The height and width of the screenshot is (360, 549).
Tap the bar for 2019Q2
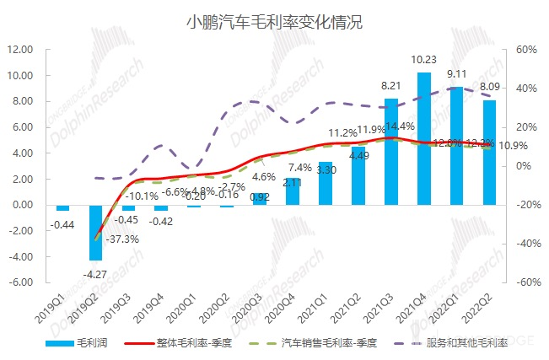[x=96, y=232]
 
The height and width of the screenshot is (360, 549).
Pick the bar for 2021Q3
[x=391, y=152]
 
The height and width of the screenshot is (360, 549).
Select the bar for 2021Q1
[x=326, y=183]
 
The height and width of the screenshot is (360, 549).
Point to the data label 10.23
[x=424, y=60]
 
